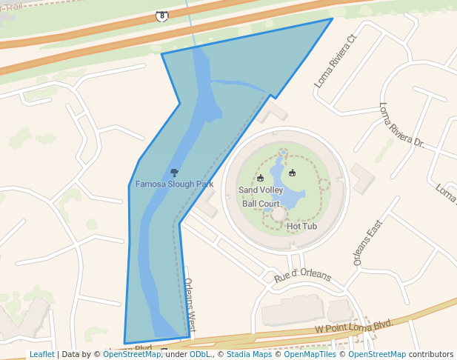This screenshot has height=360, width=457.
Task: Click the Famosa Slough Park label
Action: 174,184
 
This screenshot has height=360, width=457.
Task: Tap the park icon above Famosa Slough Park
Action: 174,173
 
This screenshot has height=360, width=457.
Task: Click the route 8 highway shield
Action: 162,16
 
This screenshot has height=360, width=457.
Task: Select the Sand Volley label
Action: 261,190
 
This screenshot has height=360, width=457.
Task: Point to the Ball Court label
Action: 261,204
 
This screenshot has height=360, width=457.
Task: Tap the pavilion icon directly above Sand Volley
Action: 260,178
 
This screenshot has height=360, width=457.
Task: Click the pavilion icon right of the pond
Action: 292,173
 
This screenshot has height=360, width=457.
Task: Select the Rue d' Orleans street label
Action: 302,276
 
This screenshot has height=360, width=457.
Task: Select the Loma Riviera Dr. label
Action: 401,124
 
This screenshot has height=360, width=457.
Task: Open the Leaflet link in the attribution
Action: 41,355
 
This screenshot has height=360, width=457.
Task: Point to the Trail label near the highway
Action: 12,6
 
